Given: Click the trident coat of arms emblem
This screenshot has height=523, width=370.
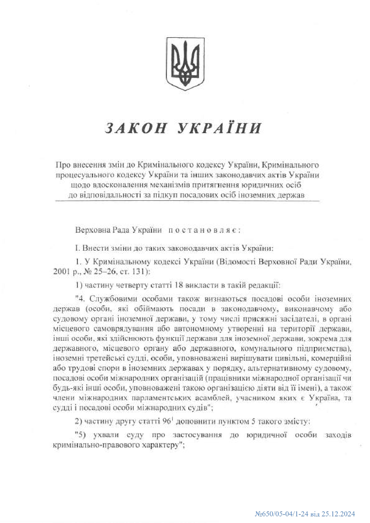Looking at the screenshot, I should [x=185, y=63].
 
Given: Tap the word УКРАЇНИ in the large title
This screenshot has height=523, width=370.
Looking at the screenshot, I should [x=219, y=128].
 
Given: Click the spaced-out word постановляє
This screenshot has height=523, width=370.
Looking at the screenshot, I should [x=203, y=231].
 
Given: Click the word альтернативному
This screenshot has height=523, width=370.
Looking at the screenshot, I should [x=279, y=368].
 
